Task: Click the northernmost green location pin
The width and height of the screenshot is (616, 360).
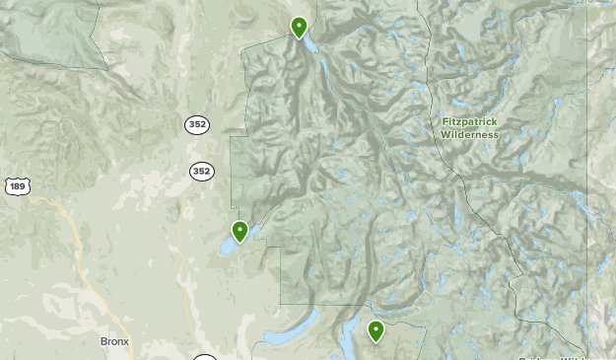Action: (299, 27)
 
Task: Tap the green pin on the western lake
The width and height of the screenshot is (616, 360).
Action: (240, 231)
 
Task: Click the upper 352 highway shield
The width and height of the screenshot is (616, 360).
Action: (196, 124)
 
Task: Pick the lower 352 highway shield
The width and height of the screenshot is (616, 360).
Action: (201, 171)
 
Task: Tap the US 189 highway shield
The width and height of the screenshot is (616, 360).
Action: (15, 185)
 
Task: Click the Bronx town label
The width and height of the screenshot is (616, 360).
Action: (114, 342)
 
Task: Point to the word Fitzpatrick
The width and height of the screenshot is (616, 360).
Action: (470, 121)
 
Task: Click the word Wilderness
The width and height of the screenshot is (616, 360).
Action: (470, 134)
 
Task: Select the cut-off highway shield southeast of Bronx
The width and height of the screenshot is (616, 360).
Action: (204, 357)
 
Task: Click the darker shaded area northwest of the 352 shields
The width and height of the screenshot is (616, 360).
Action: (49, 35)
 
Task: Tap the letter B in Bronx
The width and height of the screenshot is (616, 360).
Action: (103, 342)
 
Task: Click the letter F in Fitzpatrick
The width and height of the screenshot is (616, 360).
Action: (445, 121)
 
